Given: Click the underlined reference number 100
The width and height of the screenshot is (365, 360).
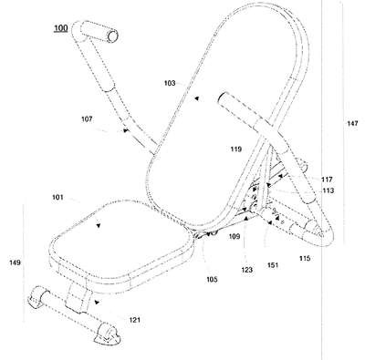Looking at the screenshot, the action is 61,28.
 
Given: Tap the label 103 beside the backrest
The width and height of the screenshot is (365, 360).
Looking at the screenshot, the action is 170,83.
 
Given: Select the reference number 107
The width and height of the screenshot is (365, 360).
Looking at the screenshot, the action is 87,119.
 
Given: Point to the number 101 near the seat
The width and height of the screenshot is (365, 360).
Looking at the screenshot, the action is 57,198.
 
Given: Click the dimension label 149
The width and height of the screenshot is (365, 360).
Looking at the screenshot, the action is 15,262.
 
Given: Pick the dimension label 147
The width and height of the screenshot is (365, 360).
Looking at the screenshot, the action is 352,123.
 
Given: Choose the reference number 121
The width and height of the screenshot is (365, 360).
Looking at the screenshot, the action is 135,320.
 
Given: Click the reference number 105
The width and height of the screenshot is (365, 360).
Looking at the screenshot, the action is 212,280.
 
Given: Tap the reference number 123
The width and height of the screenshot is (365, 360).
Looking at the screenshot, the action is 246,270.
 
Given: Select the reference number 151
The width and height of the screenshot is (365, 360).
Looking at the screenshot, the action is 273,265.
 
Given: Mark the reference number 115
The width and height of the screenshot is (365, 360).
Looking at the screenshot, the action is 305,258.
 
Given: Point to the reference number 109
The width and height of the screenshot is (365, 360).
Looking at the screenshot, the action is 235,236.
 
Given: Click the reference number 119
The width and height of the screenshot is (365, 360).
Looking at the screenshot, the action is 236,149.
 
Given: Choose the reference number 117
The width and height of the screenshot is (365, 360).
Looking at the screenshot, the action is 328,180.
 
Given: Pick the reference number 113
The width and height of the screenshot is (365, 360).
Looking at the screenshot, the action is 328,190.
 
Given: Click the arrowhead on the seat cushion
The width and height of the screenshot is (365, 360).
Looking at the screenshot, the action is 98,225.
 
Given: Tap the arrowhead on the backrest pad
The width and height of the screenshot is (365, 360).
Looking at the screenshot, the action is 197,98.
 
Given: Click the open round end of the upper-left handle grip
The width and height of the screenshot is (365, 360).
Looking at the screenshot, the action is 113,36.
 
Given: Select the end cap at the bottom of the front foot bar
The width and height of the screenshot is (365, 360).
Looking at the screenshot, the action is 108,335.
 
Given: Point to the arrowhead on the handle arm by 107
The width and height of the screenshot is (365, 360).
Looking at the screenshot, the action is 126,130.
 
